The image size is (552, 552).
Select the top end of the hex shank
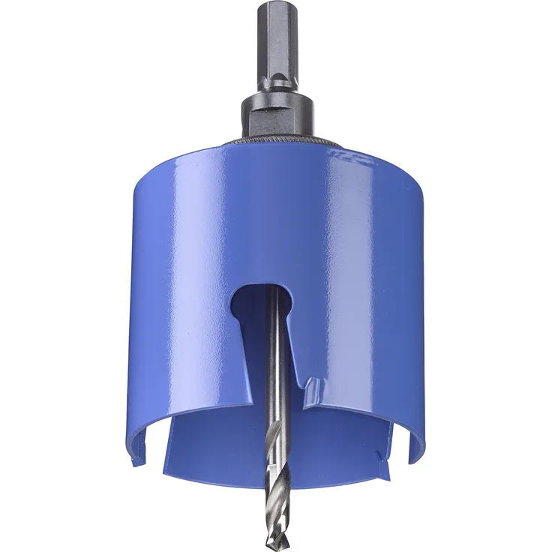click(277, 6)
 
